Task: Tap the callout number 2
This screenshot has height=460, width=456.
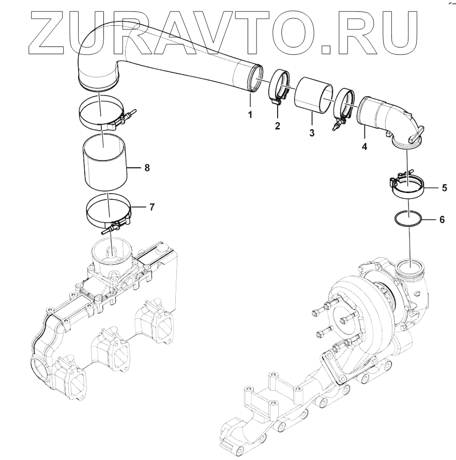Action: (278, 125)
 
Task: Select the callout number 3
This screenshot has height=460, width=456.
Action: (312, 133)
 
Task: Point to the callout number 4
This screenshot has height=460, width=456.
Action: (364, 147)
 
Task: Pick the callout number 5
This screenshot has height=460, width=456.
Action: (444, 188)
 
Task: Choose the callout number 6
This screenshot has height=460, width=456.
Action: (442, 219)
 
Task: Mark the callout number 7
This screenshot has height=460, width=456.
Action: (151, 208)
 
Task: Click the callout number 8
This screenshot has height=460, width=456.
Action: (147, 167)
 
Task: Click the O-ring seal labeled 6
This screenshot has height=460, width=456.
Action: (408, 219)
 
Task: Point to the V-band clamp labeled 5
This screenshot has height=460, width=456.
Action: (407, 185)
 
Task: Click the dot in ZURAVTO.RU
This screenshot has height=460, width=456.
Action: (327, 49)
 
